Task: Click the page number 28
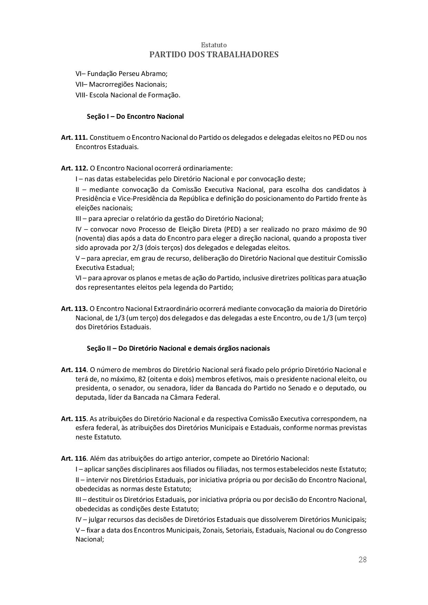pyautogui.click(x=362, y=560)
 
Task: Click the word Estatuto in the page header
pyautogui.click(x=214, y=45)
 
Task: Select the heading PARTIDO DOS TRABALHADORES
pyautogui.click(x=214, y=55)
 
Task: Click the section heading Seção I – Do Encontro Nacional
pyautogui.click(x=135, y=117)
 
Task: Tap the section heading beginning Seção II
pyautogui.click(x=178, y=349)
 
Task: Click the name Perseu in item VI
pyautogui.click(x=129, y=74)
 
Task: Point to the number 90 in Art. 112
pyautogui.click(x=362, y=230)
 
